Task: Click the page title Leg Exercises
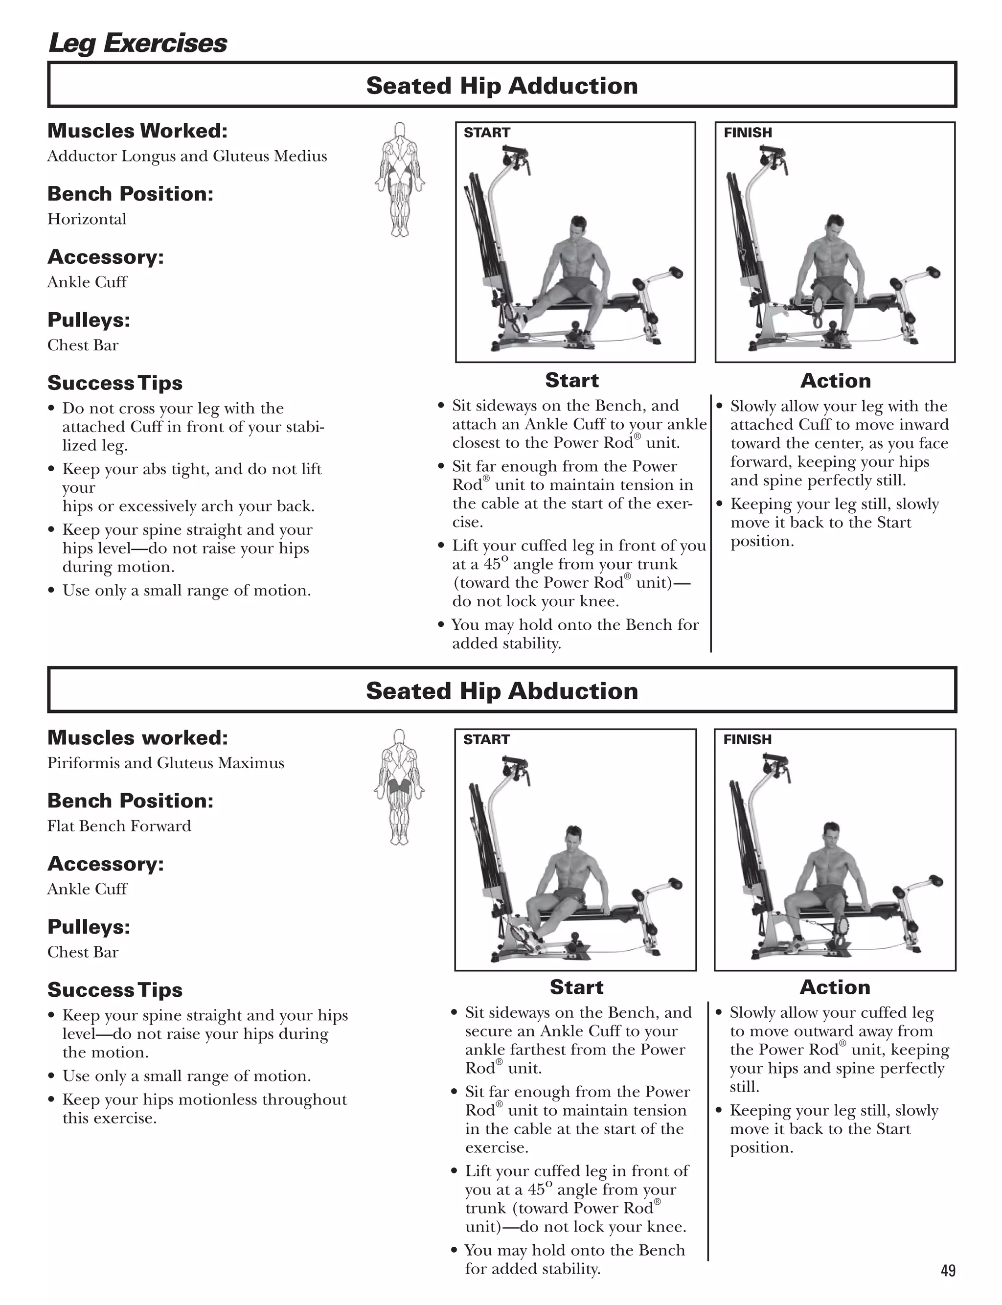[x=137, y=43]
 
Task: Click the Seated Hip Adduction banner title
[x=501, y=85]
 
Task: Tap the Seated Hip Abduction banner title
[x=501, y=691]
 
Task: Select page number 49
[x=948, y=1270]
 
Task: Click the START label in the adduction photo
[x=487, y=133]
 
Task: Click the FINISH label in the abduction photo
[x=747, y=739]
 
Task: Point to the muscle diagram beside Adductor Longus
[x=400, y=179]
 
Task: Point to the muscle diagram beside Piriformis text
[x=399, y=786]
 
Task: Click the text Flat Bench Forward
[x=119, y=826]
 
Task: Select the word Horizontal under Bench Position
[x=87, y=219]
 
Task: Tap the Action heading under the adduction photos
[x=835, y=381]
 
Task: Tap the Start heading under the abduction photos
[x=576, y=987]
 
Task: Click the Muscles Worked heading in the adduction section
[x=137, y=131]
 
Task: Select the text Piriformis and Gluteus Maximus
[x=166, y=763]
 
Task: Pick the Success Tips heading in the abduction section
[x=115, y=990]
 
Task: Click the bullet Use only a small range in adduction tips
[x=186, y=591]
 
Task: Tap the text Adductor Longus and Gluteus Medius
[x=187, y=156]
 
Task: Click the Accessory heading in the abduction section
[x=106, y=864]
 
